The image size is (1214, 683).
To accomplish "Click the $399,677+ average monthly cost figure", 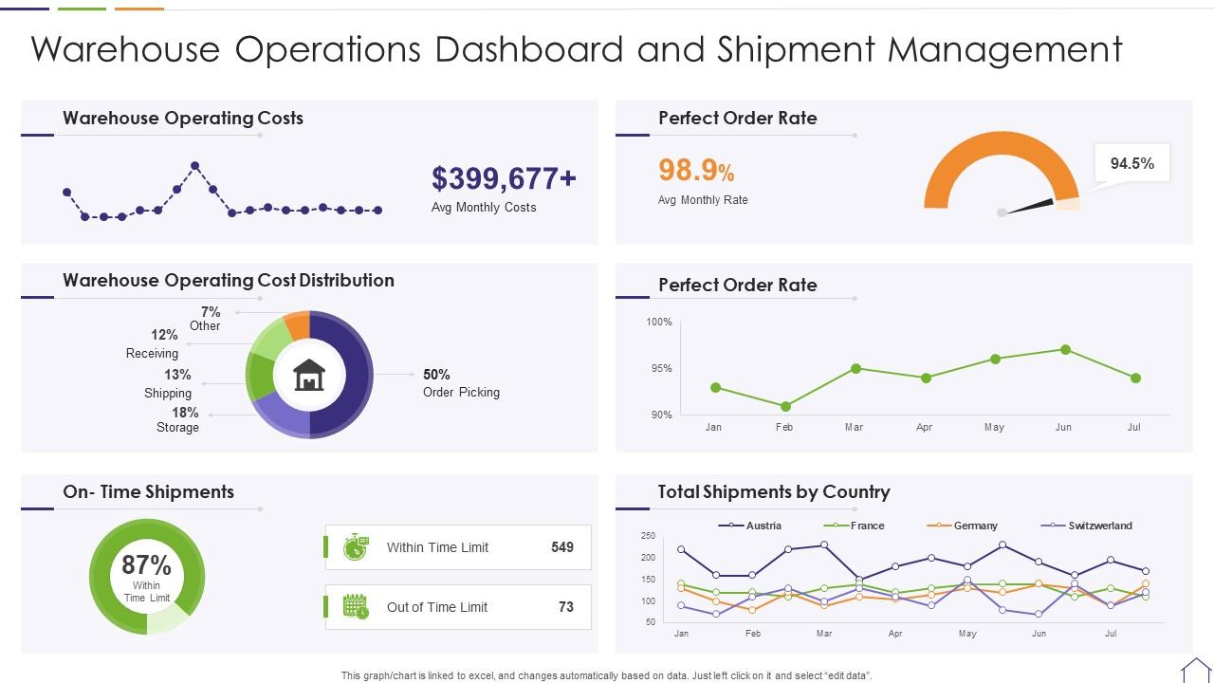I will (x=504, y=178).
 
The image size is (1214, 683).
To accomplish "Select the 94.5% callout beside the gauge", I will (x=1131, y=163).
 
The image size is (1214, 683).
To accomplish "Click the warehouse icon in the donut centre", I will (x=309, y=376).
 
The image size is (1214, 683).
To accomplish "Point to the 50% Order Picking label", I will (x=461, y=383).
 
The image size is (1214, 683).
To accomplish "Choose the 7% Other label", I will (x=208, y=319).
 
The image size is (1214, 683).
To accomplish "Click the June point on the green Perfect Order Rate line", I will (x=1065, y=350).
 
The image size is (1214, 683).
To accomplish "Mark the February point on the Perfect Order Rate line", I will (x=785, y=406).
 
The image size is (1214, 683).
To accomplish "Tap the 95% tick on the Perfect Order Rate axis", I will (x=660, y=368).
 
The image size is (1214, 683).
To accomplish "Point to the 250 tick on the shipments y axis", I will (x=649, y=536).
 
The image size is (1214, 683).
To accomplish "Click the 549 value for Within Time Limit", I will (x=562, y=547).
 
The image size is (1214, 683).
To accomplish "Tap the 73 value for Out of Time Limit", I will (x=566, y=607).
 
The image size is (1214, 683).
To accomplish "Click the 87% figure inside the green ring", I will (x=147, y=565).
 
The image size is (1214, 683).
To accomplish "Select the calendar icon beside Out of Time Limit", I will (x=356, y=607).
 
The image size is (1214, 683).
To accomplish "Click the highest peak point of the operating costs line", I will (x=195, y=166).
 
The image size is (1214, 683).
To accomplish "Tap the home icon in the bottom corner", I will (x=1195, y=670).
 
